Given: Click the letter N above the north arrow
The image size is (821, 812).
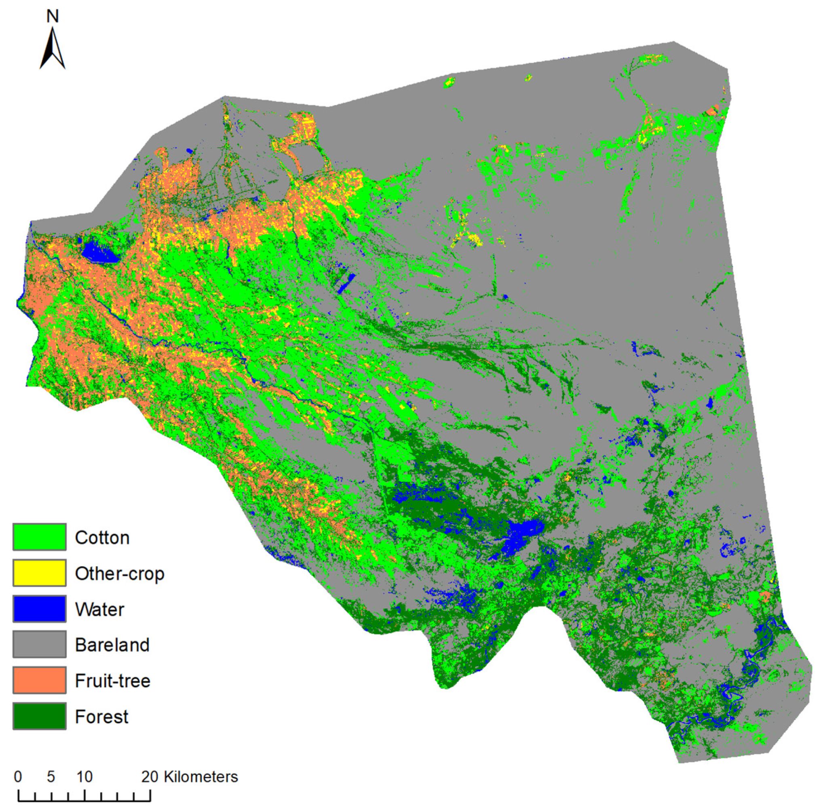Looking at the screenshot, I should tap(52, 17).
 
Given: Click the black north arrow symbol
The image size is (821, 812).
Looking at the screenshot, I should tap(52, 49).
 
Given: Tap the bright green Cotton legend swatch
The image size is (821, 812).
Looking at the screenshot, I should tap(39, 537).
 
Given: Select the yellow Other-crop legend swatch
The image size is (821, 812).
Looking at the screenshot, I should tap(39, 573).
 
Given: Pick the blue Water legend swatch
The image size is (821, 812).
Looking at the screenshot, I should tap(39, 609).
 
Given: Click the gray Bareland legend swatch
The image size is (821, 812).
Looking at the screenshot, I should tap(39, 645).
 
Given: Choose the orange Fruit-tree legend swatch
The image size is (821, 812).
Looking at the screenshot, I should tap(39, 680).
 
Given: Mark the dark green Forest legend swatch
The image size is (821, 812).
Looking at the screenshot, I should tap(39, 716).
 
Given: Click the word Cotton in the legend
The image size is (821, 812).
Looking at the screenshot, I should tap(102, 538).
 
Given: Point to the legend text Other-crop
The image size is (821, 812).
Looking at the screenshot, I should tap(119, 574).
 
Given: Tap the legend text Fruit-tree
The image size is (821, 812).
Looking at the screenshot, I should tap(113, 681).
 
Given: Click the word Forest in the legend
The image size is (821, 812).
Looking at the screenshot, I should tap(101, 717).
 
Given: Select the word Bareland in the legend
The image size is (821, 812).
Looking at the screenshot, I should tap(112, 645).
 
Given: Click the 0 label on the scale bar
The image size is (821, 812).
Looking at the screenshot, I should tap(18, 777).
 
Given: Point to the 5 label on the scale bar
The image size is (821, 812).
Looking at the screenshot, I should tap(51, 777).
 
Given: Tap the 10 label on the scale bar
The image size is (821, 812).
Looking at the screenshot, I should tap(84, 777).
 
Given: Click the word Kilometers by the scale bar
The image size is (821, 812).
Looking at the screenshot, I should tap(201, 777).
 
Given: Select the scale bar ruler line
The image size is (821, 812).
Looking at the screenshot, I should tap(84, 801).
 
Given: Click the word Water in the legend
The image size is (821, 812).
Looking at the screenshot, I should tap(99, 610).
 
